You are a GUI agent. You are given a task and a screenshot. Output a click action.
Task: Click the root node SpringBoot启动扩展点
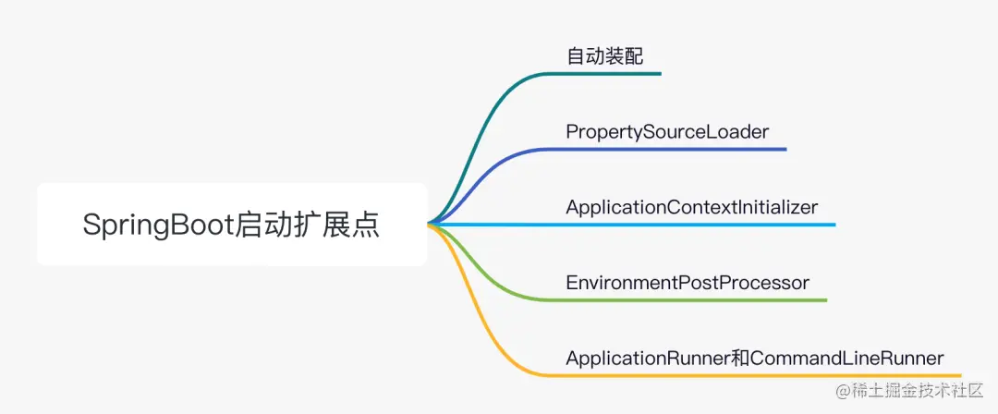coord(231,225)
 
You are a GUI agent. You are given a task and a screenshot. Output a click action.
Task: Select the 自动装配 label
coord(604,55)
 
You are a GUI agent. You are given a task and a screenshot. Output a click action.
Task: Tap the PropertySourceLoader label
coord(667,131)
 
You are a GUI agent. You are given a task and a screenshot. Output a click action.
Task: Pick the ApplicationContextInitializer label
coord(691,207)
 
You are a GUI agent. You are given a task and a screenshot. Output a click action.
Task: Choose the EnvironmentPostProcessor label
coord(688,282)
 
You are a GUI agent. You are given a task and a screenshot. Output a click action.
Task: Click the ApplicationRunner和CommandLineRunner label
coord(754,358)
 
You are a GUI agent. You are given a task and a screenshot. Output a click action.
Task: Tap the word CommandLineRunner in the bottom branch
coord(847,358)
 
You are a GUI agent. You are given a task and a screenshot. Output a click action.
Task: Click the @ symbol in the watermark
coord(844,391)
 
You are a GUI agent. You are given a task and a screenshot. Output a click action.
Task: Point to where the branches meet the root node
coord(429,224)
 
